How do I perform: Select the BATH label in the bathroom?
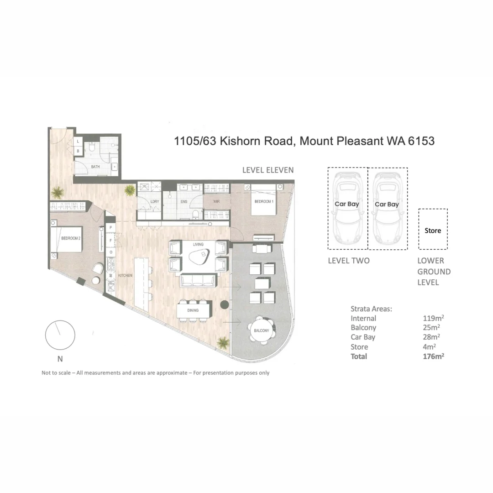click(x=95, y=167)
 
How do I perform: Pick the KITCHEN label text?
click(x=125, y=276)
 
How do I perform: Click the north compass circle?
click(x=60, y=335)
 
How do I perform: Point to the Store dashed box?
click(x=433, y=230)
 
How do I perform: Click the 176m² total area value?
click(x=433, y=357)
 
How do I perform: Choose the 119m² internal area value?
click(x=433, y=318)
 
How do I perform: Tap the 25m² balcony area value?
click(x=431, y=327)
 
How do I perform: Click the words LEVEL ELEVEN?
click(x=267, y=170)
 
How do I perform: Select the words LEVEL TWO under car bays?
click(x=349, y=261)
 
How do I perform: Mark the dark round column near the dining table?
click(x=225, y=305)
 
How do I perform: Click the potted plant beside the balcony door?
click(x=223, y=341)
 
